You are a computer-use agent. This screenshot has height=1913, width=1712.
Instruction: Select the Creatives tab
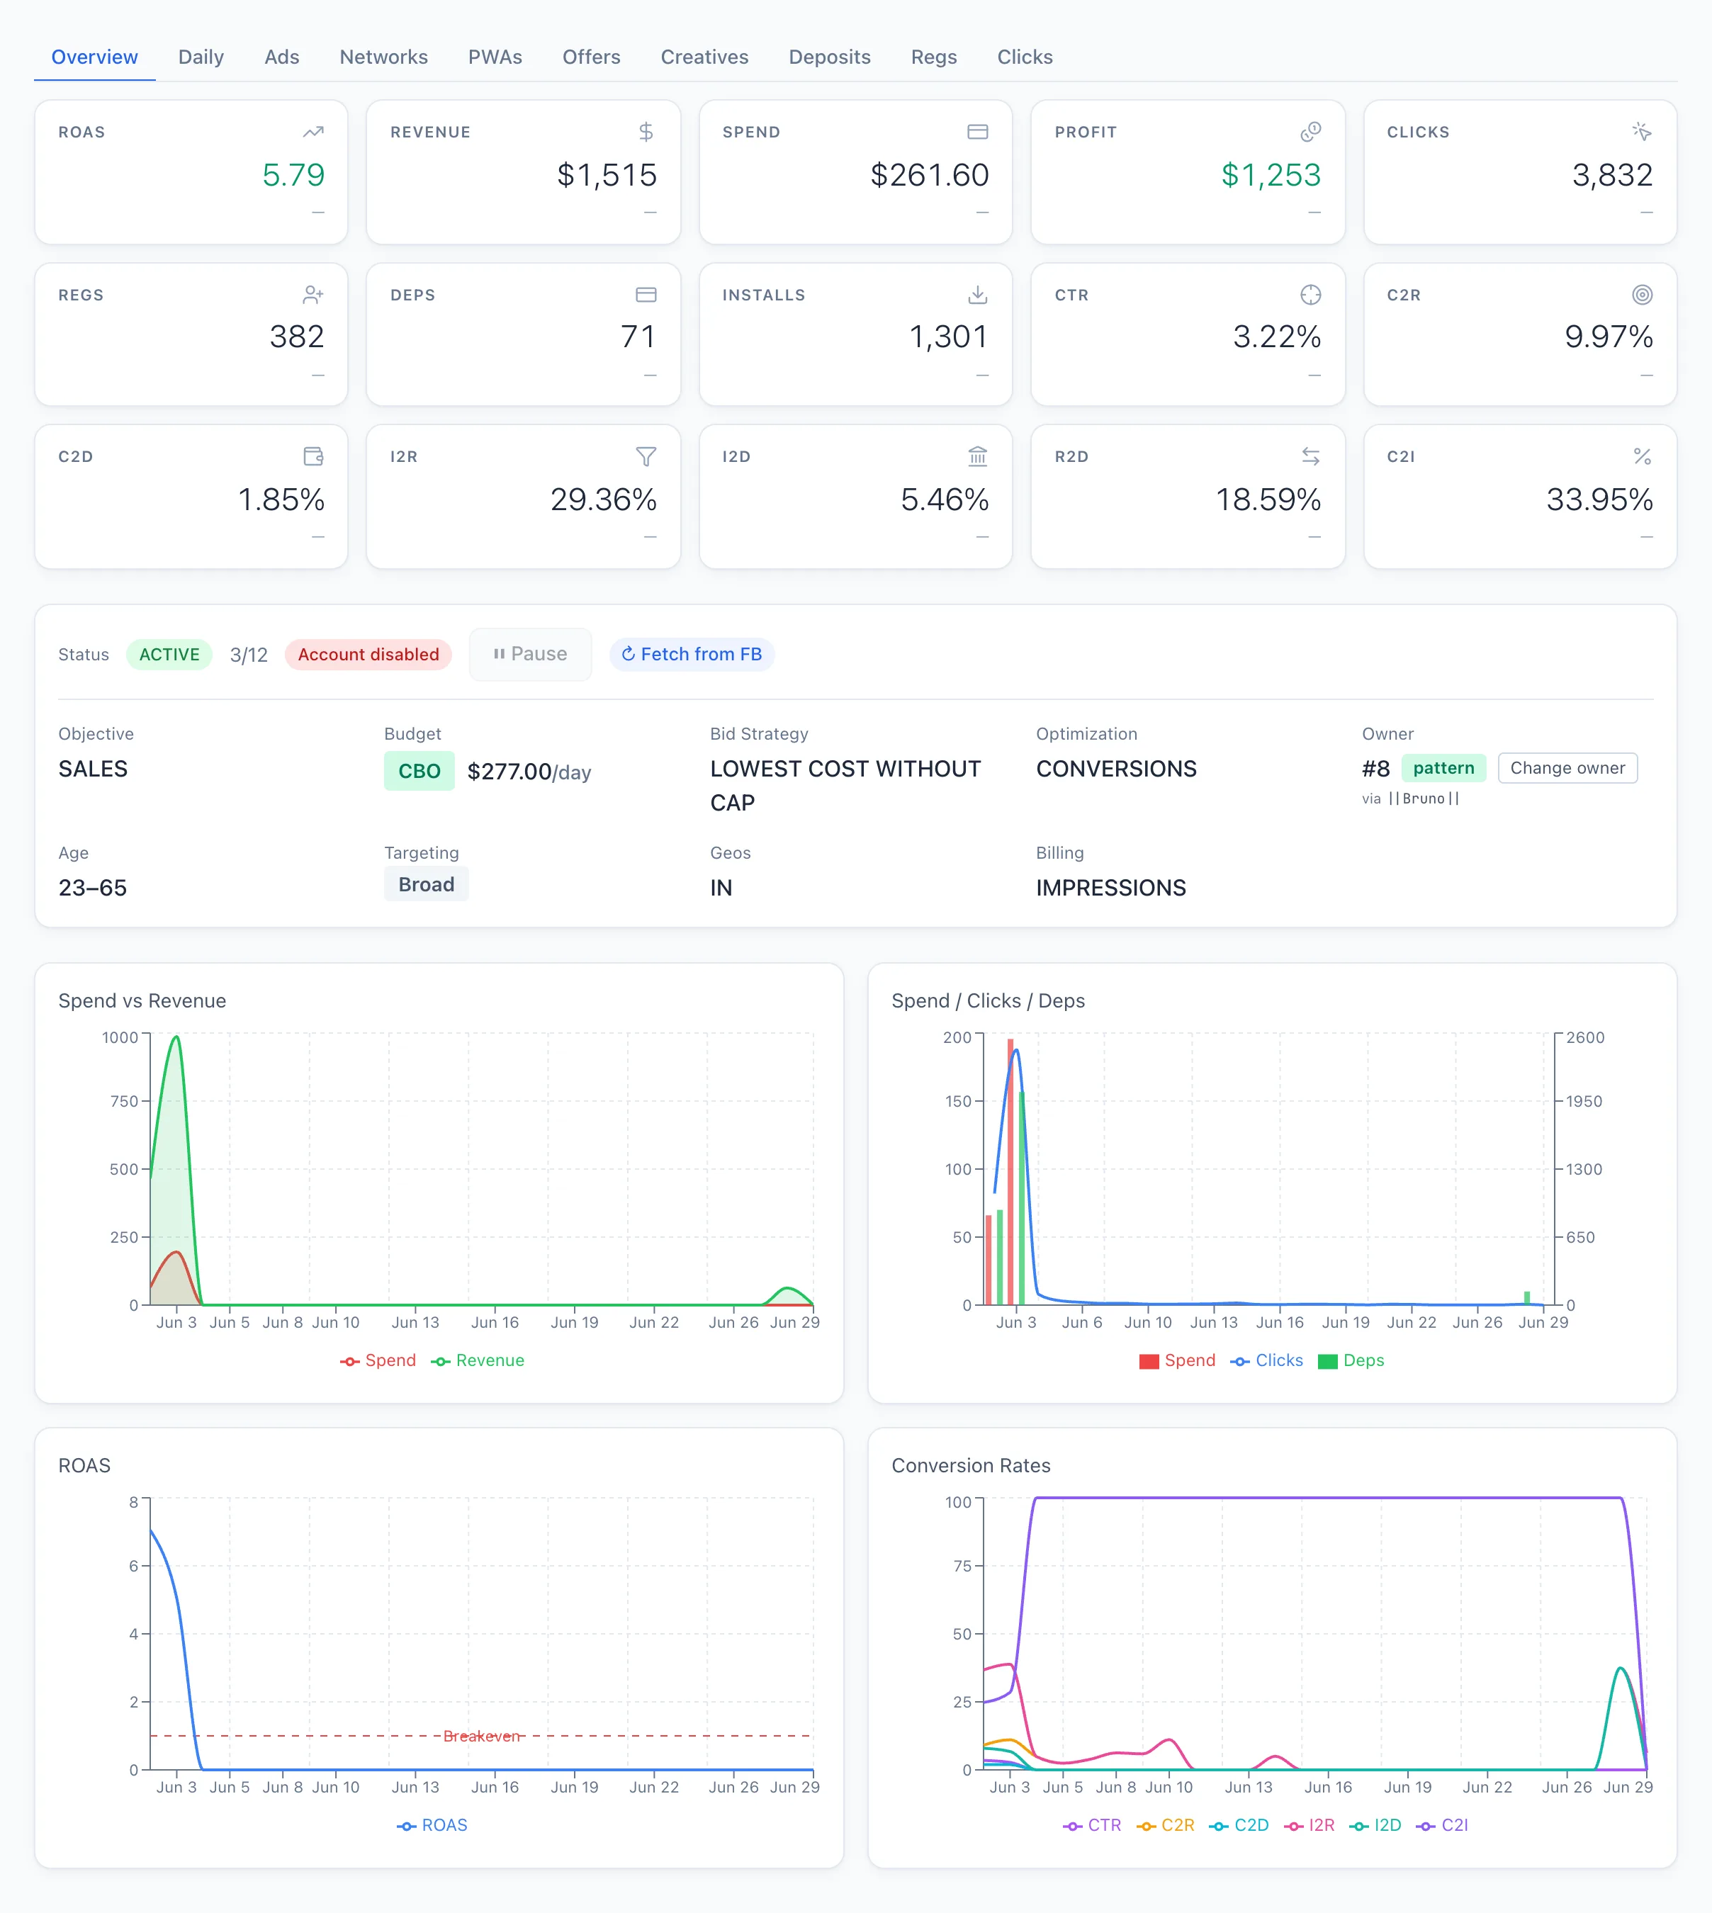coord(704,57)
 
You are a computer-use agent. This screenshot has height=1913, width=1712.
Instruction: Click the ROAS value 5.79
coord(293,175)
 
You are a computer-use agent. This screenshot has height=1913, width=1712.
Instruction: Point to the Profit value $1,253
coord(1271,175)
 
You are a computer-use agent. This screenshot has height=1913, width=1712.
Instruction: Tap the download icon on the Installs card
coord(977,295)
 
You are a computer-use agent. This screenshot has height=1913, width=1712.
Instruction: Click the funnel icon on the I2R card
coord(646,457)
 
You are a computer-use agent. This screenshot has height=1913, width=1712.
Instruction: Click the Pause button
coord(531,655)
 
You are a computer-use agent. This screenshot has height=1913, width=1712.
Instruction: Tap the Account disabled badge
coord(368,655)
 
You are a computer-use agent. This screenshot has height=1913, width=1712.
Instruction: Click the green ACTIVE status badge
coord(169,655)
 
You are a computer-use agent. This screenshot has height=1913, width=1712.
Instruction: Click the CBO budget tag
coord(419,771)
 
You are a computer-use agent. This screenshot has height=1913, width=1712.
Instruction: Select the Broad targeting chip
coord(426,885)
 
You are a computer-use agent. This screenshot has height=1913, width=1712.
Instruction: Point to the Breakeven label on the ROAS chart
coord(482,1736)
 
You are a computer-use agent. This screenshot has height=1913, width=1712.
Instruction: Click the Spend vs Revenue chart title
coord(142,1000)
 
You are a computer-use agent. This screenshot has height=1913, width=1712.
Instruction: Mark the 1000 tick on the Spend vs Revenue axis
coord(120,1037)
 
